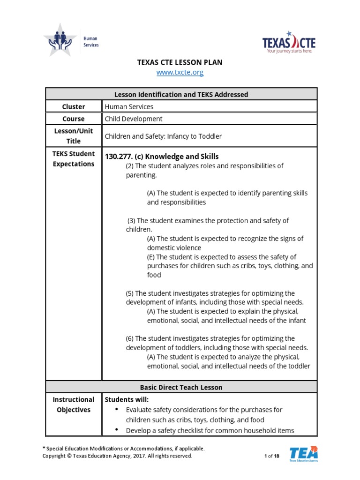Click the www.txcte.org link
[x=180, y=73]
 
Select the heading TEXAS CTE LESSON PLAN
[x=180, y=62]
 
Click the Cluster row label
[x=74, y=106]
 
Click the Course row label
[x=74, y=119]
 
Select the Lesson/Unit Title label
[x=74, y=136]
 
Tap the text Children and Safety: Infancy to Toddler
[x=163, y=136]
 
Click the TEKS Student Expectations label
[x=74, y=159]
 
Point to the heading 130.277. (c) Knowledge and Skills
[x=162, y=157]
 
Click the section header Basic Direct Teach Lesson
[x=181, y=387]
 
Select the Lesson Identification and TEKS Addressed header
[x=181, y=94]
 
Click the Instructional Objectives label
[x=74, y=405]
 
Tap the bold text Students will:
[x=127, y=399]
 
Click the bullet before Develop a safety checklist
[x=117, y=430]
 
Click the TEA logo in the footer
[x=303, y=453]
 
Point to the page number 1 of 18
[x=272, y=456]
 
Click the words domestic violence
[x=174, y=247]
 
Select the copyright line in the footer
[x=117, y=456]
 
